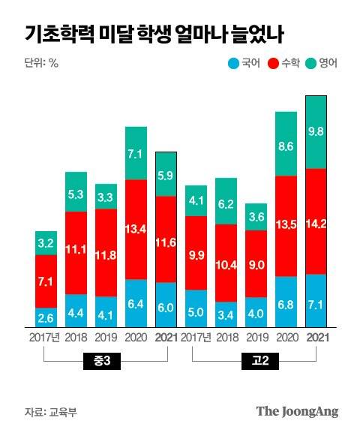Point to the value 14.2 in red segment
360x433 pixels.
tap(316, 222)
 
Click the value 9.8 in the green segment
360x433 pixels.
tap(316, 131)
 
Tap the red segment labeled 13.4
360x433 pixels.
tap(136, 229)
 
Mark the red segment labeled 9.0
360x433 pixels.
tap(256, 263)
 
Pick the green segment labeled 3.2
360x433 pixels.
tap(46, 243)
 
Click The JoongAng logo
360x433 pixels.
tap(297, 411)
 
